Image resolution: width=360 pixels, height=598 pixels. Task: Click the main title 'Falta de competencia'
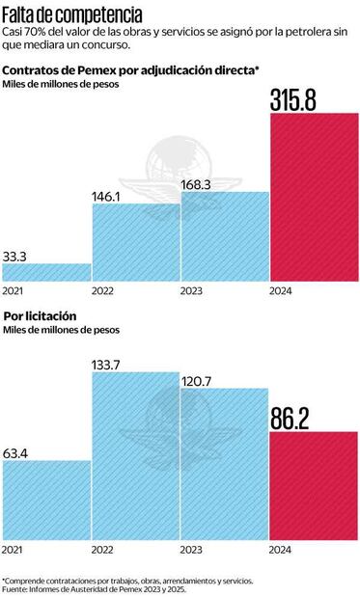pos(72,15)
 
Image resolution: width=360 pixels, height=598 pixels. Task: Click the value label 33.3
pos(16,256)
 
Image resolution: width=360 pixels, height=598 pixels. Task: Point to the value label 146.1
pos(107,195)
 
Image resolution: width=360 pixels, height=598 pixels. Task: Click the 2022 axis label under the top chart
pos(103,292)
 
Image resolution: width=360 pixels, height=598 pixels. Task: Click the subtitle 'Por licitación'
pos(40,315)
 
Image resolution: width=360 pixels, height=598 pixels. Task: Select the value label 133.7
pos(109,363)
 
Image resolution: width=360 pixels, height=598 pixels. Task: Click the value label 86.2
pos(301,418)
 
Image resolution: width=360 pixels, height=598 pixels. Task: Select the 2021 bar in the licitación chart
pos(46,502)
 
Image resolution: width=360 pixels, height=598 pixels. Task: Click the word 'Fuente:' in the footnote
pos(15,589)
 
